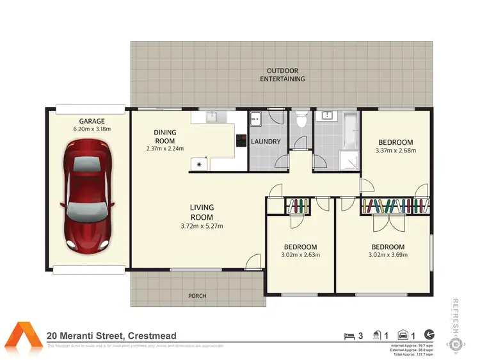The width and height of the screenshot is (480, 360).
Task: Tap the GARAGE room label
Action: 92,120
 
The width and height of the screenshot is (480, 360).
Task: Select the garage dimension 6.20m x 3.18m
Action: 92,129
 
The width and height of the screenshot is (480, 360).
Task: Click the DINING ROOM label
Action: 164,136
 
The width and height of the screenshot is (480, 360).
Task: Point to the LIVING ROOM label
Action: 202,212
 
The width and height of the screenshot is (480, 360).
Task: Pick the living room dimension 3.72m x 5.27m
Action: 202,225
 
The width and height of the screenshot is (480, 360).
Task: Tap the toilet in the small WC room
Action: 301,120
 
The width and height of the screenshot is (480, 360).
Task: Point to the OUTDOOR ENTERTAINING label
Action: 282,75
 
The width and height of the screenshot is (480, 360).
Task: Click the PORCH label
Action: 197,296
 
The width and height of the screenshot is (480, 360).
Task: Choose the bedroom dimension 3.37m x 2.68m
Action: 395,151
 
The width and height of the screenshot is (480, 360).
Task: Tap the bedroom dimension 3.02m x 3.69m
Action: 387,255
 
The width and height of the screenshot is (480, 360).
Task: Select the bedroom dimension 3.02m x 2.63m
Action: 300,255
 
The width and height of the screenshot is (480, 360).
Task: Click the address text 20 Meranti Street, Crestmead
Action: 111,336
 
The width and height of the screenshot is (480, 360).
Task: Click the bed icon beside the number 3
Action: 349,335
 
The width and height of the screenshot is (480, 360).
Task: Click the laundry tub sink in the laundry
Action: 256,118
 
